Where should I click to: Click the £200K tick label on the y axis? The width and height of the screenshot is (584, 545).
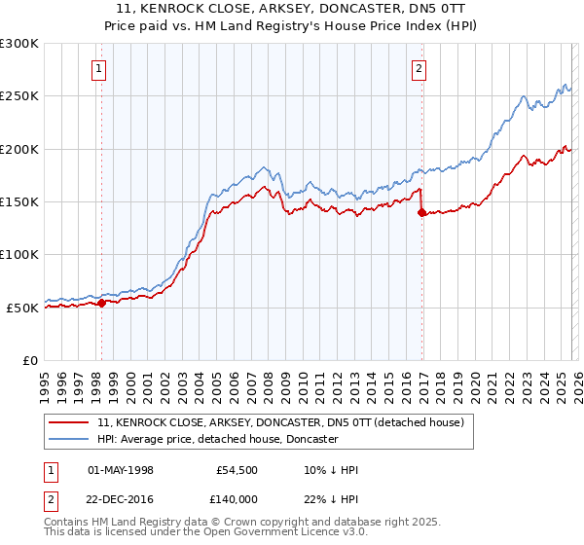[x=19, y=149]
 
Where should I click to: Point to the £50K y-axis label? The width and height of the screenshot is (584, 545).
[x=22, y=308]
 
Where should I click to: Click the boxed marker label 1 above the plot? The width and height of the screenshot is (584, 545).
[x=100, y=68]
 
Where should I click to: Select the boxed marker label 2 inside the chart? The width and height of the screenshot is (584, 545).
[x=419, y=68]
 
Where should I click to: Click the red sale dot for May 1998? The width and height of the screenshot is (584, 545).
[x=101, y=303]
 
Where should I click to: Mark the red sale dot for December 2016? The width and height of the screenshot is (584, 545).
[x=421, y=212]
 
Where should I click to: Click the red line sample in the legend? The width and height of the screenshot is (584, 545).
[x=68, y=422]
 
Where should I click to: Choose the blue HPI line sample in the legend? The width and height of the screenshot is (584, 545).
[x=68, y=439]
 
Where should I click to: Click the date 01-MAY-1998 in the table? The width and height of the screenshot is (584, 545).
[x=122, y=470]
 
